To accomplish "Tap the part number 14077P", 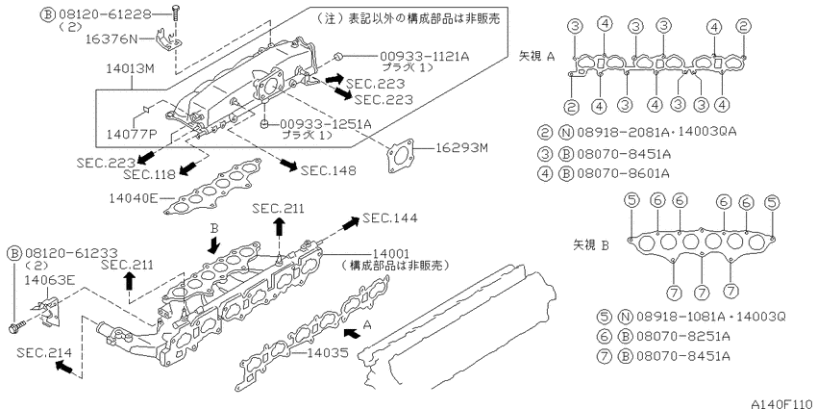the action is pos(132,135).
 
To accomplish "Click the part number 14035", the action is pos(327,352).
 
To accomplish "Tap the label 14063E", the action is pos(50,280).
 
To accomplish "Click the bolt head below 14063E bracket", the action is pos(14,328).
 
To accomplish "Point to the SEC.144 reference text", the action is pos(390,218).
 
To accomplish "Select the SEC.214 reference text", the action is pos(44,352).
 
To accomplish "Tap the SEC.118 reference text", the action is pos(150,174).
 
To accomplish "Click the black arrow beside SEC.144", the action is pos(350,222).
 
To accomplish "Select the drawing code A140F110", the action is pos(783,403).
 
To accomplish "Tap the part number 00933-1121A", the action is pos(424,57).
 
